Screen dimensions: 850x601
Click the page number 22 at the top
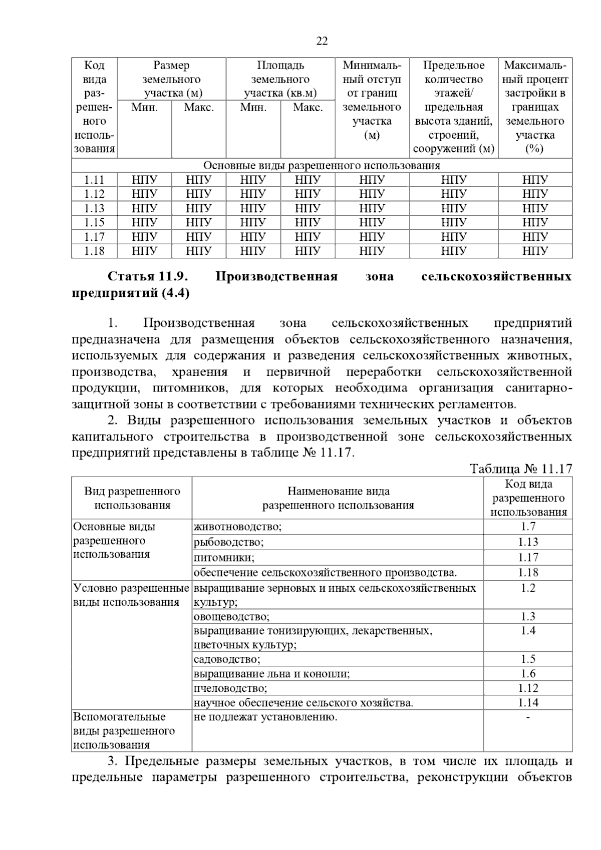322,41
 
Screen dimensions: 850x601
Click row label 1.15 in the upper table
94,222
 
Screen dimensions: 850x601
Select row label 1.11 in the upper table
94,180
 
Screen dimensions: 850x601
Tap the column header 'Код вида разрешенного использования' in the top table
94,107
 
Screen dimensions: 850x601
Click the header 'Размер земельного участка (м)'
171,79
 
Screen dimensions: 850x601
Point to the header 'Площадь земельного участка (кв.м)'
280,79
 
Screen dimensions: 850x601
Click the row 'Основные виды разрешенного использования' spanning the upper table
322,166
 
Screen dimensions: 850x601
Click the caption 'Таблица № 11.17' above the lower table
521,469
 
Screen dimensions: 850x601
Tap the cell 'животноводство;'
238,527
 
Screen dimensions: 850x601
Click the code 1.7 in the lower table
528,527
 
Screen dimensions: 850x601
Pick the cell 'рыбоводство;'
229,542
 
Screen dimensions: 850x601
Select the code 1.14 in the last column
528,703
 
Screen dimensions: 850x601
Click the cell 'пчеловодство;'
230,688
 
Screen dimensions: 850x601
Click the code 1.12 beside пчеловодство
528,688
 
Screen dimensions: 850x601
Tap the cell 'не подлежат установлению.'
265,717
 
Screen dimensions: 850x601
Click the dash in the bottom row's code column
528,718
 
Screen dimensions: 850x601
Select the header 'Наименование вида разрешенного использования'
338,498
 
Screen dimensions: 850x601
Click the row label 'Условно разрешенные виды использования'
131,595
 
